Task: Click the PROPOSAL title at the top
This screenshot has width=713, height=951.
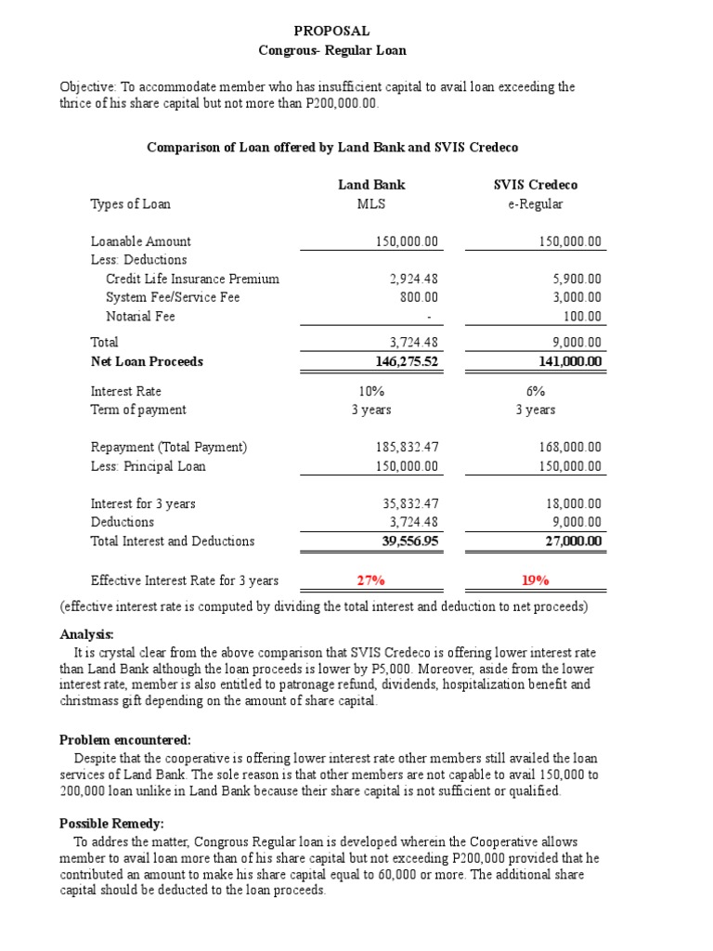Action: [x=331, y=31]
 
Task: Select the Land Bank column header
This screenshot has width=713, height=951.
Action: [x=371, y=185]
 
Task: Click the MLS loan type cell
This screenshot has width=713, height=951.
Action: [x=371, y=203]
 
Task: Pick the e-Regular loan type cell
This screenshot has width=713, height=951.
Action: [x=535, y=203]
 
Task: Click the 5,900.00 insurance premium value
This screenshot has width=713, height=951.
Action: [x=577, y=279]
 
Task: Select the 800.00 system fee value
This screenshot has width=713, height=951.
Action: [x=420, y=297]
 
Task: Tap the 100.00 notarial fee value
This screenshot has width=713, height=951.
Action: [x=583, y=316]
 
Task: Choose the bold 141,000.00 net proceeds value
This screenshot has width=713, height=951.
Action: [x=570, y=361]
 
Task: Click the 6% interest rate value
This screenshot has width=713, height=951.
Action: [x=535, y=391]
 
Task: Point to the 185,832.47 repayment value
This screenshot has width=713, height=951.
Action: [x=407, y=447]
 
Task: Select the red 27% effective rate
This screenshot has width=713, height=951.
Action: [x=371, y=580]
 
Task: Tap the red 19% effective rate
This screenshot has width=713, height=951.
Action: [x=535, y=580]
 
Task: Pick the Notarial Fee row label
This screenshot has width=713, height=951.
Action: [x=140, y=316]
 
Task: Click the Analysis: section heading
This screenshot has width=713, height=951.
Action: [x=86, y=634]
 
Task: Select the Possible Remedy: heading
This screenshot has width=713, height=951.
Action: [x=111, y=823]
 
